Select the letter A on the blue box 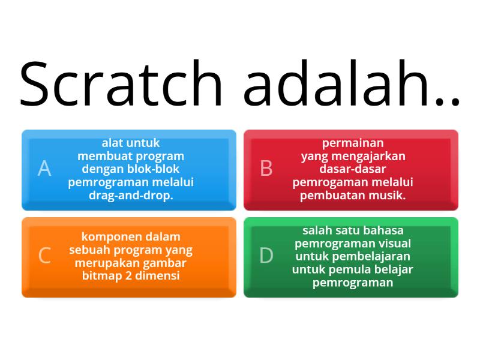point(44,169)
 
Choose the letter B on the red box point(266,169)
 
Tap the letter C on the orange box point(44,256)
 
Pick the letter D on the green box point(266,256)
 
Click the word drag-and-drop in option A point(131,196)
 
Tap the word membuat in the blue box point(100,156)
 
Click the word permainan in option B point(353,143)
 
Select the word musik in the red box point(390,196)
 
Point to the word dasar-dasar point(353,169)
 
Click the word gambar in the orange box point(161,263)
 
